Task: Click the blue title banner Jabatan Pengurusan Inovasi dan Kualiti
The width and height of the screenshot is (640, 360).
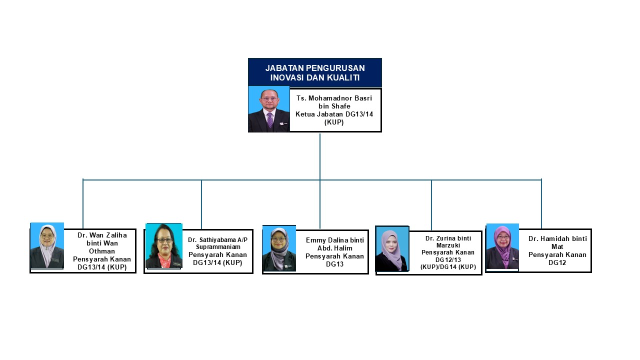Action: (x=315, y=72)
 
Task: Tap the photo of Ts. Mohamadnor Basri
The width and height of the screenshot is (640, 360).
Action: (x=269, y=109)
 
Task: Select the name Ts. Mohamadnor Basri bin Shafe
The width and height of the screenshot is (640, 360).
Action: (x=334, y=102)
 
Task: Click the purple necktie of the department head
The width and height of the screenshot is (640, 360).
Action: (x=270, y=120)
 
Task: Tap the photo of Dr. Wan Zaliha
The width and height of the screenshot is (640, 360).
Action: (x=47, y=245)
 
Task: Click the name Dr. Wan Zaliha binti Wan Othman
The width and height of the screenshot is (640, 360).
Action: (x=102, y=243)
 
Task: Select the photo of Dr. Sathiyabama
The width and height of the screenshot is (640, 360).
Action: (x=164, y=245)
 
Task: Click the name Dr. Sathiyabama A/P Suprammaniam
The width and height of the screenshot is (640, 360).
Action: (x=217, y=243)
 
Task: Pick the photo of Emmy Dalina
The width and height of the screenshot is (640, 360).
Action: (x=279, y=248)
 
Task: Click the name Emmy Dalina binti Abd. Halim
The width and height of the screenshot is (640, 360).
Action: (x=335, y=244)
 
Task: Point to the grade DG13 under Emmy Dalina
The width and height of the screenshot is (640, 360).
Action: (x=335, y=264)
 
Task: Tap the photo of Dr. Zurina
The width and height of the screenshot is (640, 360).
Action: (x=392, y=249)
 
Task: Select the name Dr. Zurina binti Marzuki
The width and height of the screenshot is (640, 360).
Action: (x=448, y=241)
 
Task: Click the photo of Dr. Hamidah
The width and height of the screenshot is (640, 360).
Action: (x=502, y=246)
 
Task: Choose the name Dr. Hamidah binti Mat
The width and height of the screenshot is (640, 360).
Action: (x=557, y=242)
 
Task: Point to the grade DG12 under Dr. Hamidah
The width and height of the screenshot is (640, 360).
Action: (x=557, y=262)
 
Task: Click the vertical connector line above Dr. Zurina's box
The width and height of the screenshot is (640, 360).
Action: (x=431, y=205)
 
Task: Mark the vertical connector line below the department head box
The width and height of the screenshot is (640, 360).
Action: (x=320, y=156)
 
